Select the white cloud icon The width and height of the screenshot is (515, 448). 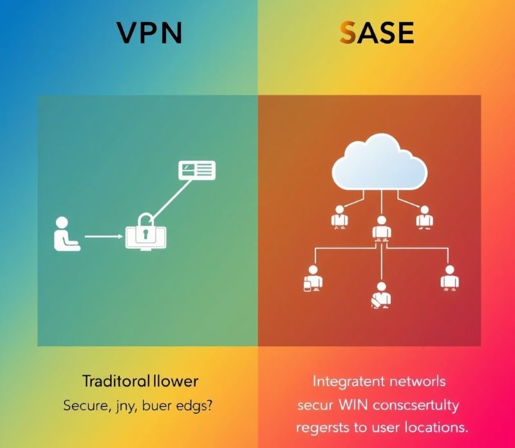pyautogui.click(x=380, y=165)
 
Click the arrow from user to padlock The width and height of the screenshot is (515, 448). pyautogui.click(x=103, y=236)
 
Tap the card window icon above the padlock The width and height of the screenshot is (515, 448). pyautogui.click(x=196, y=170)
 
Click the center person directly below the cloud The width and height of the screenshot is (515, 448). pyautogui.click(x=381, y=228)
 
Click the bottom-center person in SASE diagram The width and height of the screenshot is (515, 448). pyautogui.click(x=380, y=294)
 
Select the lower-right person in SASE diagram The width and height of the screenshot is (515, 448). pyautogui.click(x=449, y=277)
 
